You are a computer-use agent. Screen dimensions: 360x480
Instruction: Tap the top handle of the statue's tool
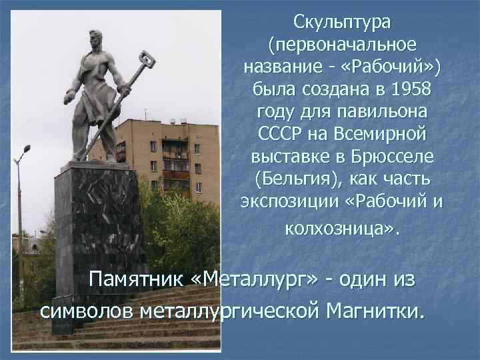pyautogui.click(x=147, y=61)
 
